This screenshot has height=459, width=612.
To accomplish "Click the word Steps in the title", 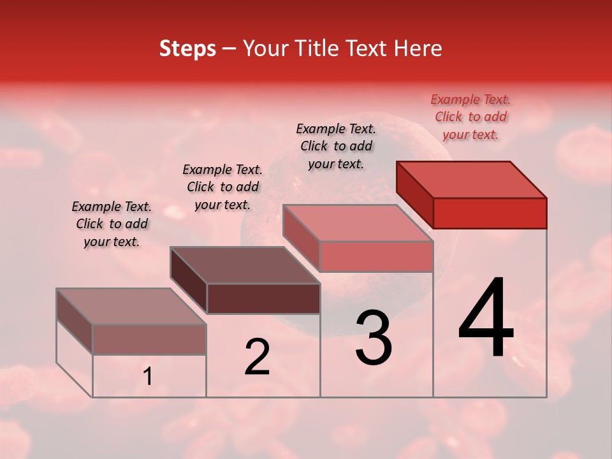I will [187, 48].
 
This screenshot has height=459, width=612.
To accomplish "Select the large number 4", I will [486, 319].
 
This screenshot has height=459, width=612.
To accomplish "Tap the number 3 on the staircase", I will [374, 338].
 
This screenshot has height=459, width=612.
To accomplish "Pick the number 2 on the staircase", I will [257, 357].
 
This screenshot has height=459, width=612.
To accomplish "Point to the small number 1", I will [148, 377].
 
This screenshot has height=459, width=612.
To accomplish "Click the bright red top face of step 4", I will [472, 180].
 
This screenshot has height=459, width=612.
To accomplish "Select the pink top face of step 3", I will [358, 223].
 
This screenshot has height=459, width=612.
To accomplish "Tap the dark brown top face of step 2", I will [245, 265].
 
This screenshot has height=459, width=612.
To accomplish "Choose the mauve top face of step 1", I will [131, 307].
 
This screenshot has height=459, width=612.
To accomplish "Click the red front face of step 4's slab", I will [490, 213].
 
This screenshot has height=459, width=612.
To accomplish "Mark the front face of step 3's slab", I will [376, 256].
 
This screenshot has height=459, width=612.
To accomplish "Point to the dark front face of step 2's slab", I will [263, 298].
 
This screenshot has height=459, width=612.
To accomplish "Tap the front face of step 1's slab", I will [149, 339].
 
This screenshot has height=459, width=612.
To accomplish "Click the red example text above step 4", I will [470, 117].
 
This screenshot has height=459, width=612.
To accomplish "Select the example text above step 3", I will [336, 146].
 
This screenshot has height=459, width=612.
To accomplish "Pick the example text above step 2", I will [222, 187].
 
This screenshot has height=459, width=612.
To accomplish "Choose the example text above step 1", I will [112, 224].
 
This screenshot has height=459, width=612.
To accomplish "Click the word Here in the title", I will [421, 48].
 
